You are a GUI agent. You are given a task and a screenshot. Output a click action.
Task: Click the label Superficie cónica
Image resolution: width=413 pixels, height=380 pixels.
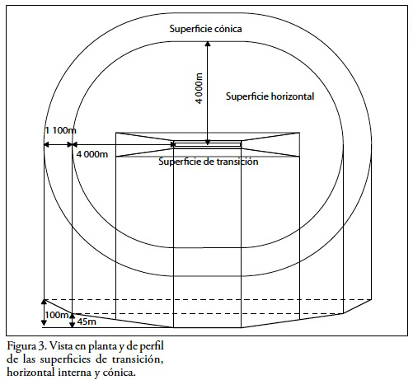point(205,29)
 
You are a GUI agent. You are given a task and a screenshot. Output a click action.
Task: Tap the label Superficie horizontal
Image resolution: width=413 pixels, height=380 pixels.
point(270,96)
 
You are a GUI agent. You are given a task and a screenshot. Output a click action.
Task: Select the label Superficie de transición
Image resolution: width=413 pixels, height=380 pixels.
point(209,162)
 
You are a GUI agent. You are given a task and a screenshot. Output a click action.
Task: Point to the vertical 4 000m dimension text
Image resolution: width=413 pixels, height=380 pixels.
point(199,88)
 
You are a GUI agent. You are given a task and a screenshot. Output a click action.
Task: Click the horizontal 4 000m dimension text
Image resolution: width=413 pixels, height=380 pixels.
point(92,154)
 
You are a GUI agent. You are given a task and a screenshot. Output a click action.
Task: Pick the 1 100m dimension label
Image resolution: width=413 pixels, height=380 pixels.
point(61,130)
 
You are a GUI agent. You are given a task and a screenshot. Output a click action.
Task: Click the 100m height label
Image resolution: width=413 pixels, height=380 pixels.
point(57,315)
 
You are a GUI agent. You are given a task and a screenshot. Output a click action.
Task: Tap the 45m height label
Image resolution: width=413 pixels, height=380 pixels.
point(87,321)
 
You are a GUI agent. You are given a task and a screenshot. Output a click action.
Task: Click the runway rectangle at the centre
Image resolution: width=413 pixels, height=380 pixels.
point(208,144)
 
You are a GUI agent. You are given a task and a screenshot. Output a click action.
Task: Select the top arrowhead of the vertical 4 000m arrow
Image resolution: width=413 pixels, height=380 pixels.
point(208,44)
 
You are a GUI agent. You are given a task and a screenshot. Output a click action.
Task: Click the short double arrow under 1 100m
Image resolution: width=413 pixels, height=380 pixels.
point(58,144)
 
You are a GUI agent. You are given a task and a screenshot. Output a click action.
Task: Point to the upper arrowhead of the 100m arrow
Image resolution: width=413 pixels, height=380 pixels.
point(44,302)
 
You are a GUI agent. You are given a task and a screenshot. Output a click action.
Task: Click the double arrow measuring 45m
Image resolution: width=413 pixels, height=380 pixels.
point(72,321)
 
